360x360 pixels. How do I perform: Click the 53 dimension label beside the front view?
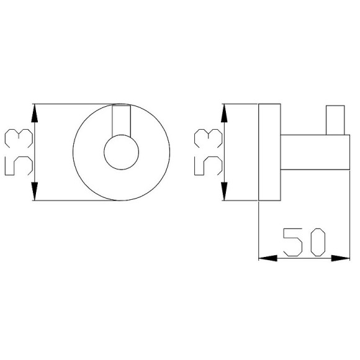(19, 152)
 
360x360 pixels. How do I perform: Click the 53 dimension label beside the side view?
(209, 152)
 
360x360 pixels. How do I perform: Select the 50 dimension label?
(304, 242)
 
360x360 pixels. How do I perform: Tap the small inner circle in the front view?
(122, 152)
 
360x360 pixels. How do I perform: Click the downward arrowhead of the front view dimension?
(34, 191)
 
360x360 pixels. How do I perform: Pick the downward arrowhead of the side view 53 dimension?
(224, 191)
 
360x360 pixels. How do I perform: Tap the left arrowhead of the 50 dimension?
(268, 258)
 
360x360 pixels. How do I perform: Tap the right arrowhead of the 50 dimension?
(341, 258)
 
